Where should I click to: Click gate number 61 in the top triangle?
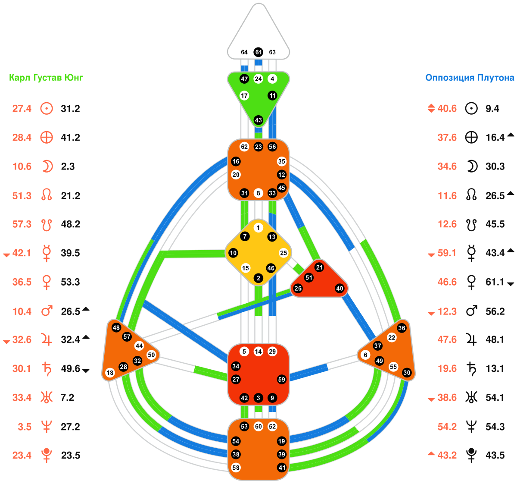258,52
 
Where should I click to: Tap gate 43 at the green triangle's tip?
258,120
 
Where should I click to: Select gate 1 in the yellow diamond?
258,228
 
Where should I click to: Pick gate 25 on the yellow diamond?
283,253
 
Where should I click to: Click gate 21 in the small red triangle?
319,267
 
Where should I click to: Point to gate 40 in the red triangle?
340,289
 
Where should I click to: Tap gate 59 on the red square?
281,380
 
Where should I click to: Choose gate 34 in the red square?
236,366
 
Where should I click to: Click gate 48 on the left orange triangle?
116,327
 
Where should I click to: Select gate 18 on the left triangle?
110,373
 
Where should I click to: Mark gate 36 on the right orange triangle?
402,328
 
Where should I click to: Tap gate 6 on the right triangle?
366,355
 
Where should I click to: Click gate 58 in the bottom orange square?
236,468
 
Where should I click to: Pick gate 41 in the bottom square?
281,468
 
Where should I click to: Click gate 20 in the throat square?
236,175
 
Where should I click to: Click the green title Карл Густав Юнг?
46,78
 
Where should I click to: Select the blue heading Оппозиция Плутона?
470,78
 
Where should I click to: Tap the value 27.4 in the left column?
22,109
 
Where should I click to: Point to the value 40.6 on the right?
447,109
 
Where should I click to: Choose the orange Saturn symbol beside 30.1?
46,369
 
